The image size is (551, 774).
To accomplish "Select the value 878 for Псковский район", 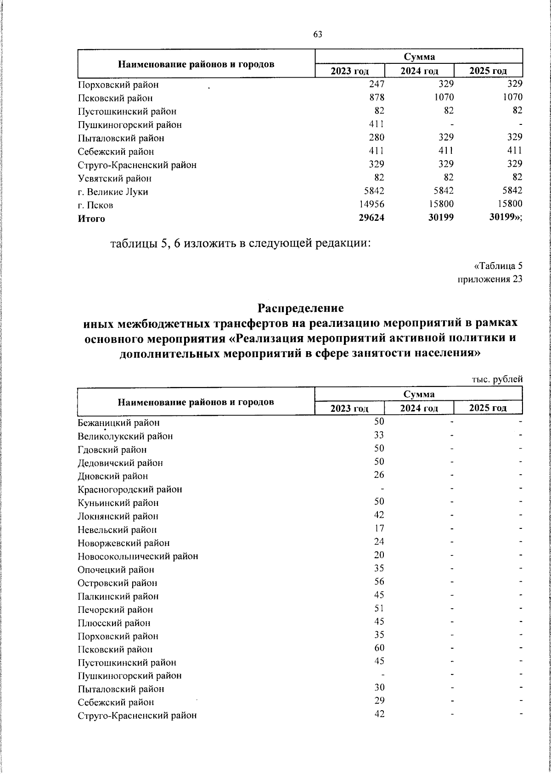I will click(377, 97).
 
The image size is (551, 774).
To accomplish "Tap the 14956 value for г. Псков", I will click(371, 204).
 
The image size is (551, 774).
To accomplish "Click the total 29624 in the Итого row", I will click(371, 218).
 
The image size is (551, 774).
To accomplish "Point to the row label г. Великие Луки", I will click(113, 192).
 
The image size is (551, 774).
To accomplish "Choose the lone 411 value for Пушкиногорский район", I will click(377, 124).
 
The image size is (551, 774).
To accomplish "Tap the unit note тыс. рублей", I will click(497, 380).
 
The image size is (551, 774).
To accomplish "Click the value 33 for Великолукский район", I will click(379, 435).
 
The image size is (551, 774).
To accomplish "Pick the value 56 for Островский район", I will click(379, 582).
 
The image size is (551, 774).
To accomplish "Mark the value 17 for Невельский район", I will click(379, 528).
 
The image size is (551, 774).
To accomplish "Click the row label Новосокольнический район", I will click(138, 556).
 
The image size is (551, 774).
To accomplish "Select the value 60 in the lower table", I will click(379, 648).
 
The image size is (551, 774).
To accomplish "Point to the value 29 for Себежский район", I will click(379, 701).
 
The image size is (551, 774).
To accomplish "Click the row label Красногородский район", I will click(130, 489).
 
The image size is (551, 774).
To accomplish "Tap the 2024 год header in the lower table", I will click(419, 408).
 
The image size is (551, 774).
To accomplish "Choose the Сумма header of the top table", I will click(419, 56).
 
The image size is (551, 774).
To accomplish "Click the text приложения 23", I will click(490, 279).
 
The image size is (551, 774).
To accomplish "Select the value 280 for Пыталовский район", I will click(377, 137).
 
